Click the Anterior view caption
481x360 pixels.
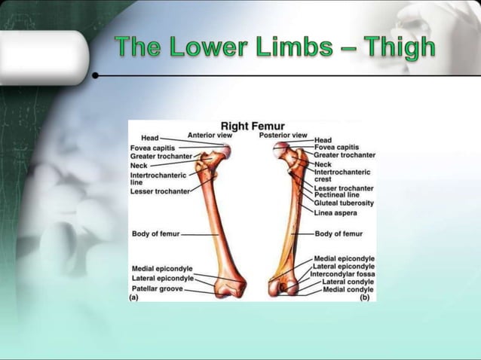tap(210, 136)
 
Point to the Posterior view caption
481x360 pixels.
tap(283, 136)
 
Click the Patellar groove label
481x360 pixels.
tap(158, 288)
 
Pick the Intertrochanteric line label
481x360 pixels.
tap(157, 178)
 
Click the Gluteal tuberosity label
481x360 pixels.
tap(344, 203)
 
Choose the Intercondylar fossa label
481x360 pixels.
tap(342, 274)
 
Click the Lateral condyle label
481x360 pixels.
tap(348, 282)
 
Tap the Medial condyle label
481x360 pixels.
tap(348, 289)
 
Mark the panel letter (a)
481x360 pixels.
tap(134, 297)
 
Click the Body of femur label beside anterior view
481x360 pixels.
tap(156, 234)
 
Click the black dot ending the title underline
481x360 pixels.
tap(96, 76)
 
